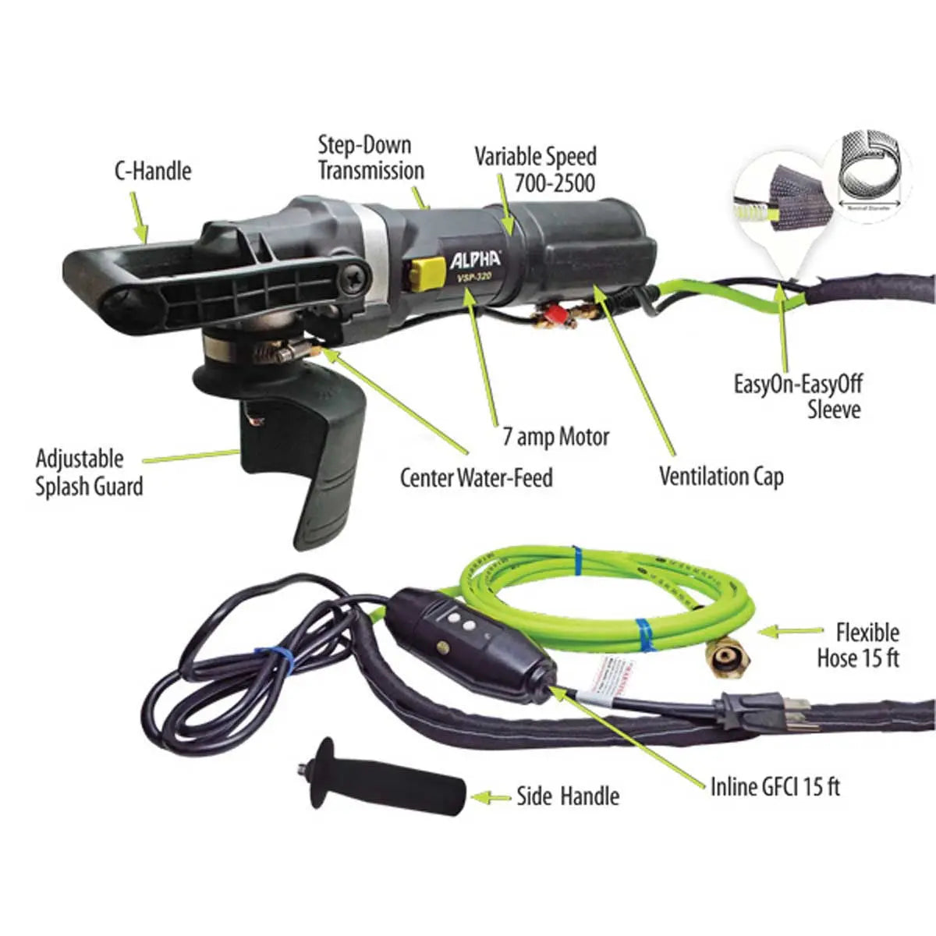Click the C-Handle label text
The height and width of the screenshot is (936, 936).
coord(152,171)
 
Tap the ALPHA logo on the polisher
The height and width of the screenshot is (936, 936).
coord(474,260)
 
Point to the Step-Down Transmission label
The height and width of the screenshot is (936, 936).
coord(370,158)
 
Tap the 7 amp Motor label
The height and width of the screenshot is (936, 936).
coord(555,437)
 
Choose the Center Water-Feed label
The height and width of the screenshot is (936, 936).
coord(476,477)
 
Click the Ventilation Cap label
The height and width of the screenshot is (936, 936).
coord(721,476)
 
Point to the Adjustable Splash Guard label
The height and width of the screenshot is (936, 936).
coord(90,473)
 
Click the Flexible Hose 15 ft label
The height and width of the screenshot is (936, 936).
coord(858,644)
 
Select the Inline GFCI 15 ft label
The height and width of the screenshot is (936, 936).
coord(775,786)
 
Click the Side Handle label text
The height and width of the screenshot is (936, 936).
coord(568,796)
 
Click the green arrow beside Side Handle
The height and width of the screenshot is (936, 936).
coord(491,797)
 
